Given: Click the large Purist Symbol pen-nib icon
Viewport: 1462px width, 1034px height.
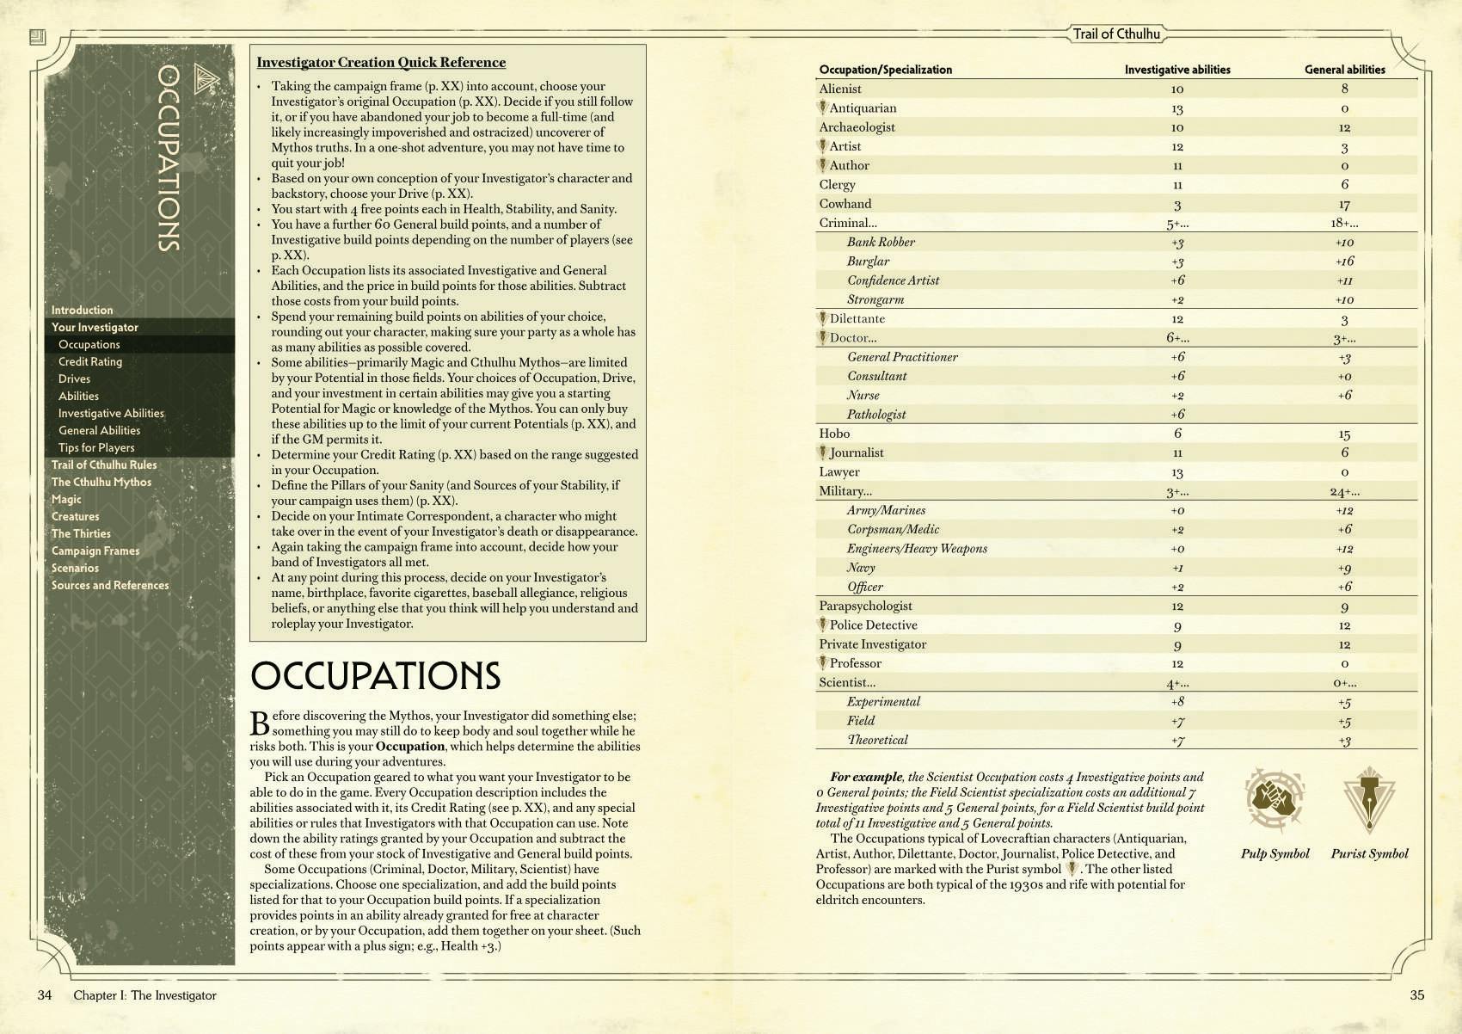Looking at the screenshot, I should [1369, 801].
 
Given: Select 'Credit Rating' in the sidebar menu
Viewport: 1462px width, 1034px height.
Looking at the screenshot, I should [90, 361].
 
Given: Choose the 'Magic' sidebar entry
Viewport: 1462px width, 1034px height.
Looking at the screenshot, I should [66, 499].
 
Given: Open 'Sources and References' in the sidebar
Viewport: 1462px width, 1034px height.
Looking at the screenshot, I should [110, 585].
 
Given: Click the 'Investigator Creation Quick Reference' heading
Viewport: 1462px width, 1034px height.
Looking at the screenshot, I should [381, 62].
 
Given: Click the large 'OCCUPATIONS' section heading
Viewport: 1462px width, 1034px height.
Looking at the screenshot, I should [375, 676].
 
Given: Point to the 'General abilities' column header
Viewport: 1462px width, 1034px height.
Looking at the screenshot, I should [1344, 70].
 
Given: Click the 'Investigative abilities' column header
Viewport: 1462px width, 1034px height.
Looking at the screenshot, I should [1177, 70].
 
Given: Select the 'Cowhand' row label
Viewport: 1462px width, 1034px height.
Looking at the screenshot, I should [845, 204].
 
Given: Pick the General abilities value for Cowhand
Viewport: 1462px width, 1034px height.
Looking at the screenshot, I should [1344, 205].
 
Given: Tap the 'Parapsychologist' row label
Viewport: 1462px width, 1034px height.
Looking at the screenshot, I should [865, 606].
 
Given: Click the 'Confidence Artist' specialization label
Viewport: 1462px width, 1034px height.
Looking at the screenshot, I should [893, 280].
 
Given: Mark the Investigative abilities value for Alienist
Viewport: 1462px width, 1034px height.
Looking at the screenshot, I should [1177, 89].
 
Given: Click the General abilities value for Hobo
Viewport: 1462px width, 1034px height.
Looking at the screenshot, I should [1344, 434].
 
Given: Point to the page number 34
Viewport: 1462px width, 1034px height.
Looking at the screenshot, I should [45, 995].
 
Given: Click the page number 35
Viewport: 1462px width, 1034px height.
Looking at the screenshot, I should [1417, 995].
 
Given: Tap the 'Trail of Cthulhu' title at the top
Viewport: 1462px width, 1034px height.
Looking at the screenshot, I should [1116, 34].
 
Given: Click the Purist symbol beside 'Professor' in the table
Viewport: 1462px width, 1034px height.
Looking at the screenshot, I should [823, 663].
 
